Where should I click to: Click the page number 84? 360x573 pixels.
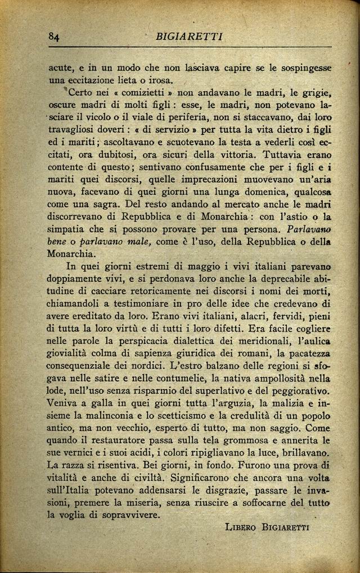click(x=54, y=37)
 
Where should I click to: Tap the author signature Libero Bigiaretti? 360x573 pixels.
click(x=267, y=527)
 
